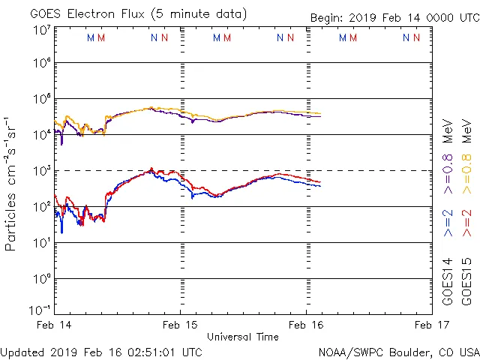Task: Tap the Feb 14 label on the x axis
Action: [x=54, y=325]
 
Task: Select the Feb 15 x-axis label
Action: [x=181, y=325]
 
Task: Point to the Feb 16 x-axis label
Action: [x=307, y=325]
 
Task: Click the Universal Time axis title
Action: [x=243, y=337]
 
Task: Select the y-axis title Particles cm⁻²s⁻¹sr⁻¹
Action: [x=11, y=183]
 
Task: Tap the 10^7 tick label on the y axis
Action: [x=41, y=30]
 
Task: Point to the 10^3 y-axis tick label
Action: [x=41, y=170]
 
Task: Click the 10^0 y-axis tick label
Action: [x=41, y=278]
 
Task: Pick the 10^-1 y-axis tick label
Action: [x=40, y=310]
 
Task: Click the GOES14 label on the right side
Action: [x=448, y=280]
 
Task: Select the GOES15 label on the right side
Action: [x=466, y=280]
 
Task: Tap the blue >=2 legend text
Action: [x=448, y=223]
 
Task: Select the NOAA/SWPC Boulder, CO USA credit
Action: [x=398, y=352]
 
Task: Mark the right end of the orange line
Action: [x=321, y=113]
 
